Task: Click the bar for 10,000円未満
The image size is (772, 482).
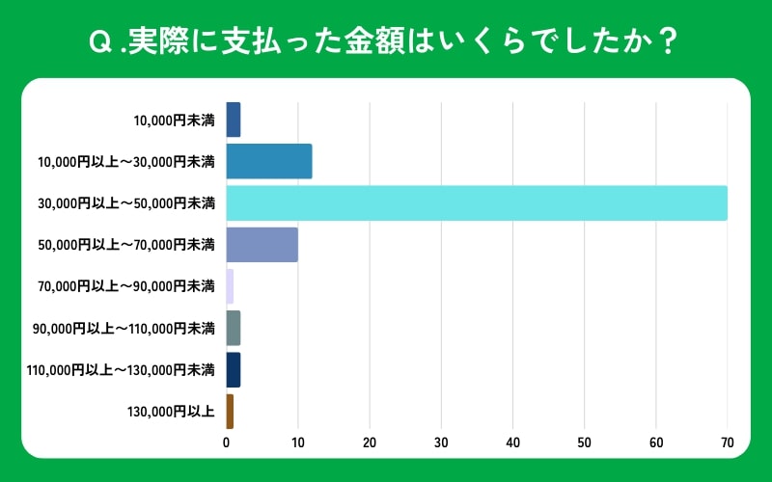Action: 233,120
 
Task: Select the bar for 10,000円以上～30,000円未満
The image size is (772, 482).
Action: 268,161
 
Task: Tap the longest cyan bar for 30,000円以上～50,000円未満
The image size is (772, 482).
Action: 477,202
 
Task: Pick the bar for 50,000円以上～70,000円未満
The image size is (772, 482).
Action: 262,245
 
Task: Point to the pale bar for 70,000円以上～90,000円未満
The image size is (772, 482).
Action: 230,286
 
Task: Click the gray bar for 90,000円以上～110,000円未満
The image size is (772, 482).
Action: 233,328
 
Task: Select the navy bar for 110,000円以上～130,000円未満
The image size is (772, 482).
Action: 233,369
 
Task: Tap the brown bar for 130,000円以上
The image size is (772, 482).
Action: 230,411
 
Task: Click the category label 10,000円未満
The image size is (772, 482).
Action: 174,120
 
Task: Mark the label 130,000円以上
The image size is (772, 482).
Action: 170,412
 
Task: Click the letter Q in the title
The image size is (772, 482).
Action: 98,42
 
